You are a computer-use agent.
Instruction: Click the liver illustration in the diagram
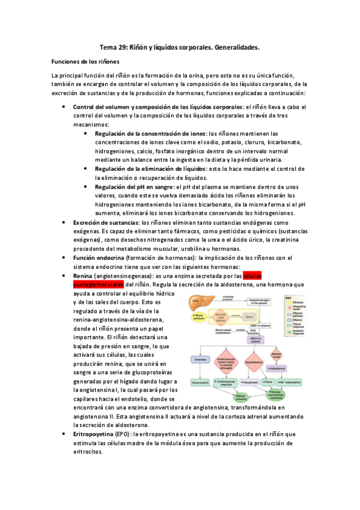click(195, 300)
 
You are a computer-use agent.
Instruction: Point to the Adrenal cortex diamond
click(276, 355)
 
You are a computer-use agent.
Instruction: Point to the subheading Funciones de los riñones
click(85, 62)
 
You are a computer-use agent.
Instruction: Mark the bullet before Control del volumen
click(64, 106)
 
